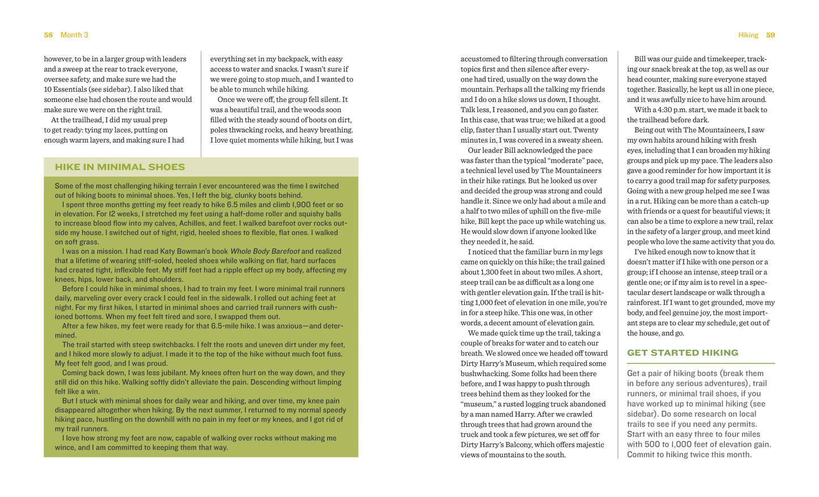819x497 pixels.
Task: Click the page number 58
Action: (x=48, y=35)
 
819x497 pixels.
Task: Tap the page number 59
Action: (x=770, y=35)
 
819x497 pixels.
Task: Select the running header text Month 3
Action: (x=74, y=35)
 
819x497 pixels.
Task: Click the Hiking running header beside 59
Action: (x=748, y=35)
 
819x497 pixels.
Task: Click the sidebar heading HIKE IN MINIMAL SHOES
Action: (x=120, y=167)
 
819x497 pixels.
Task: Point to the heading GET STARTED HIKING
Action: (x=682, y=352)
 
